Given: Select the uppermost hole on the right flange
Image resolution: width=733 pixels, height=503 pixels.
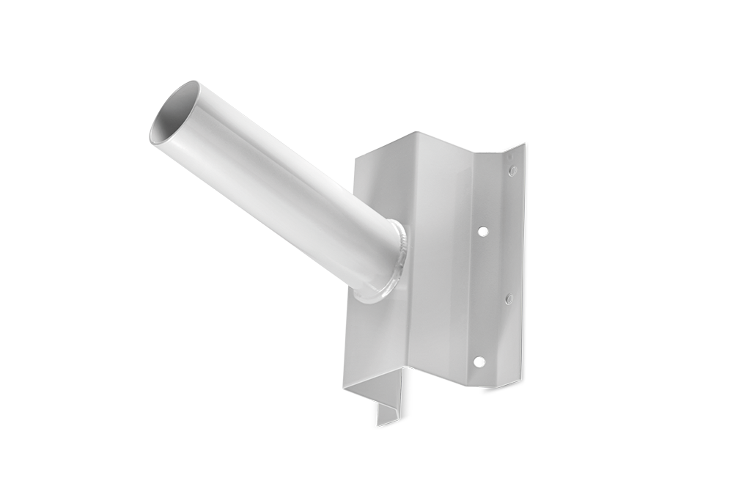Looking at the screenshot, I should click(513, 171).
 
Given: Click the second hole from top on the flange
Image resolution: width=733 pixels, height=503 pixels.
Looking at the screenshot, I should click(482, 231).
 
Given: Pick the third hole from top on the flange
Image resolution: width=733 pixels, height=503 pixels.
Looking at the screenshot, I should click(509, 298).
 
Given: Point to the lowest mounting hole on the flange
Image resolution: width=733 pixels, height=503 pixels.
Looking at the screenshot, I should click(478, 361).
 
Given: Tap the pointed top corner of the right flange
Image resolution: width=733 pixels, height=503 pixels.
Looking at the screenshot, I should click(523, 146).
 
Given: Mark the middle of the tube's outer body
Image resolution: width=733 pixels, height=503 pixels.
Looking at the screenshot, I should click(286, 187).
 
